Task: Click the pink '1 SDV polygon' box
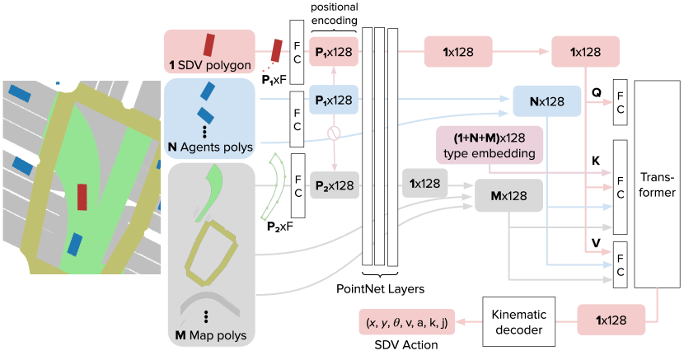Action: coord(210,52)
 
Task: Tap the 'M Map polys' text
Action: coord(210,335)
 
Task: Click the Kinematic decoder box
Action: coord(518,320)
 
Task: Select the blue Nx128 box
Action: coord(547,101)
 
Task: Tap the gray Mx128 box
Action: coord(509,195)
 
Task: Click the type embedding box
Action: coord(489,145)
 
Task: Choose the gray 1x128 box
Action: coord(424,183)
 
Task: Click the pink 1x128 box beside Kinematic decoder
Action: coord(611,320)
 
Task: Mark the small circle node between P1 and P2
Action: coord(334,132)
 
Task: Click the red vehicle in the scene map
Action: coord(82,198)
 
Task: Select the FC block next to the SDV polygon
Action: coord(297,52)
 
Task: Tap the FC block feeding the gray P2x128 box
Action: coord(297,186)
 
